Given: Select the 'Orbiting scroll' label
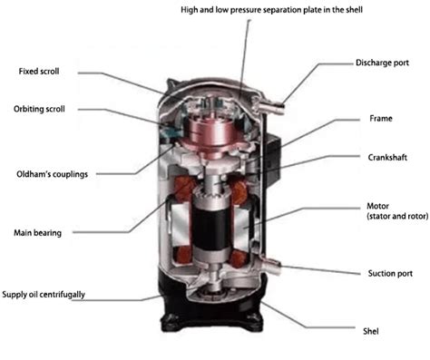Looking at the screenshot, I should (x=45, y=110).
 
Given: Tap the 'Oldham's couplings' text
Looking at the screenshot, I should (x=53, y=174).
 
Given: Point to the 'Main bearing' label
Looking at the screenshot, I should (x=37, y=233).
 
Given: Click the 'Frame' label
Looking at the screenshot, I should (x=381, y=119).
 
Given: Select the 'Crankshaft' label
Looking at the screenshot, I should (x=389, y=157).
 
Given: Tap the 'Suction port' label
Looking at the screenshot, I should (x=390, y=273).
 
